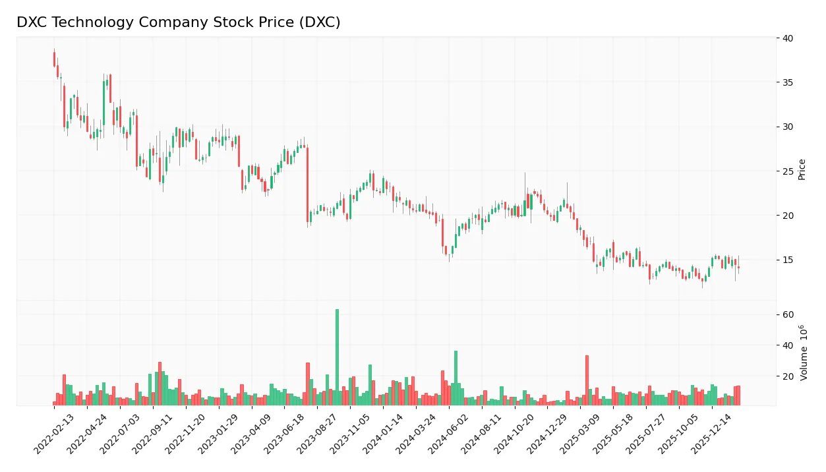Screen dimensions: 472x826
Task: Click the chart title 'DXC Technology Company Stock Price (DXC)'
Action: [178, 22]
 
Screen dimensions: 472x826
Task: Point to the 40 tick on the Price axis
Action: [788, 38]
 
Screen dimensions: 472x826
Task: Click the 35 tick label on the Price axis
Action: [788, 82]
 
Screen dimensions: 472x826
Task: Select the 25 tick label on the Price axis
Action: [788, 171]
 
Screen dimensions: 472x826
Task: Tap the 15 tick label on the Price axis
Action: [788, 260]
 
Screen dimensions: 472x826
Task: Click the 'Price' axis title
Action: [802, 169]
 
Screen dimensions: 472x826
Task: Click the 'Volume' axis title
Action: [804, 353]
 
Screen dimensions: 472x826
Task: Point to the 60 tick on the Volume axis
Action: [788, 314]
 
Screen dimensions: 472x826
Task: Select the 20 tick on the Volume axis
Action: [788, 376]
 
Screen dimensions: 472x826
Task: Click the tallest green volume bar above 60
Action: [337, 357]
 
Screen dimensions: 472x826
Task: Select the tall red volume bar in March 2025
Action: [587, 380]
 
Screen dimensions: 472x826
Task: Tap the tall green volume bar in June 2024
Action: [456, 378]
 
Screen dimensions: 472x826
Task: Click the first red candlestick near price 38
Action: [54, 59]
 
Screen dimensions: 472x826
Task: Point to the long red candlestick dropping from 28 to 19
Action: [307, 185]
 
